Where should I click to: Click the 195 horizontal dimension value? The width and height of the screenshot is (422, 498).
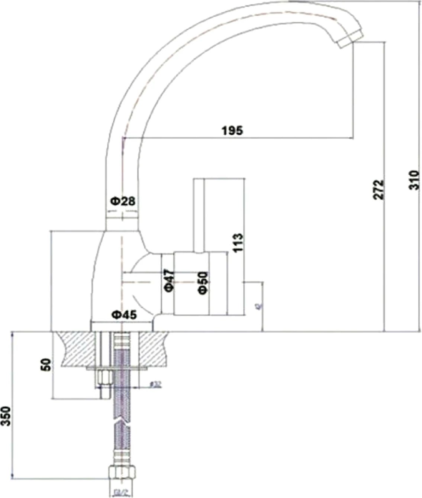[232, 130]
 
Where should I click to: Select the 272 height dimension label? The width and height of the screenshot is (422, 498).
[378, 190]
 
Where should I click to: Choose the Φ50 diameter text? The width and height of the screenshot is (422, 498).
[203, 282]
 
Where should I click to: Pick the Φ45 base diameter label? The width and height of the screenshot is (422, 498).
[124, 314]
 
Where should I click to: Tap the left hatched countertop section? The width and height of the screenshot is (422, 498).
[76, 348]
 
